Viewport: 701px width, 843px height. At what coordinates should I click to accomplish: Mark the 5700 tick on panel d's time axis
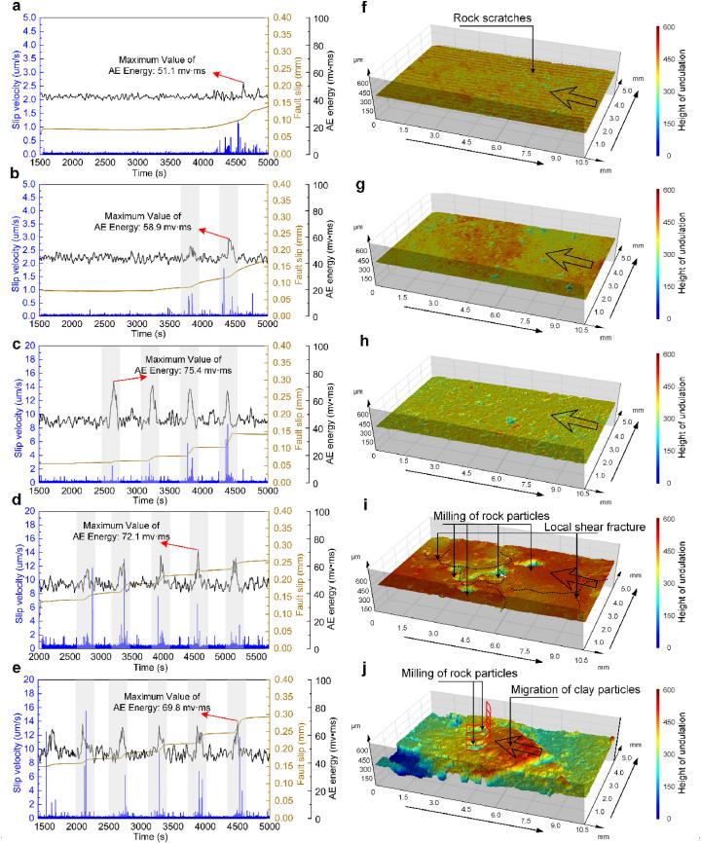pyautogui.click(x=268, y=659)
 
